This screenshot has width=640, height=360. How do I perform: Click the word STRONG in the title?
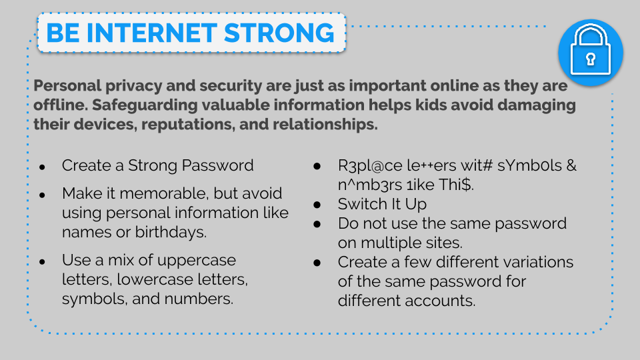point(279,33)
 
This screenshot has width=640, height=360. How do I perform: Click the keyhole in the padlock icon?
point(590,59)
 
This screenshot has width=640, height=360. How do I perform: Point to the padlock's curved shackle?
point(590,34)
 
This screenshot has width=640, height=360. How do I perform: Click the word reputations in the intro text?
point(188,125)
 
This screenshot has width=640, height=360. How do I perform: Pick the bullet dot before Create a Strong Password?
point(42,167)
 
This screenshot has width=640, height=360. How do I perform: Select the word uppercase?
point(196,261)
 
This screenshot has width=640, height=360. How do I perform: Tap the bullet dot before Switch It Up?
point(317,205)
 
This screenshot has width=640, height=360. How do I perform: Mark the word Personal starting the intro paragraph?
point(67,86)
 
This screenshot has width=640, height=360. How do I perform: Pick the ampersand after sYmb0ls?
point(571,166)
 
